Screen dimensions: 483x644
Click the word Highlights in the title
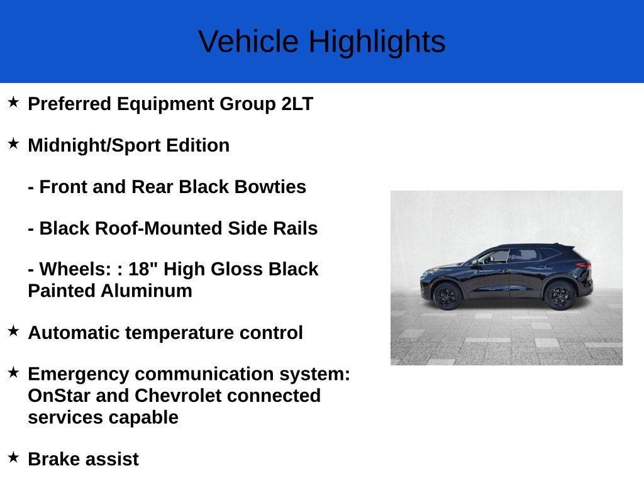click(377, 42)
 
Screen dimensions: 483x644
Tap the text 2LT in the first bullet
click(297, 104)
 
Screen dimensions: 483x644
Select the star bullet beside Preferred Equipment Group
click(13, 102)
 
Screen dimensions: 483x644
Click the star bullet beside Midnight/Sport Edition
click(13, 143)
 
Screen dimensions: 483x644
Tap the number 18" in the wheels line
click(143, 269)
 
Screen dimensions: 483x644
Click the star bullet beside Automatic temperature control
click(13, 331)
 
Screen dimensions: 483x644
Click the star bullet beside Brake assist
click(13, 457)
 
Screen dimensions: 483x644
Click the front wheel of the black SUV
click(447, 296)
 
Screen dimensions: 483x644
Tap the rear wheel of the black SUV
click(560, 295)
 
